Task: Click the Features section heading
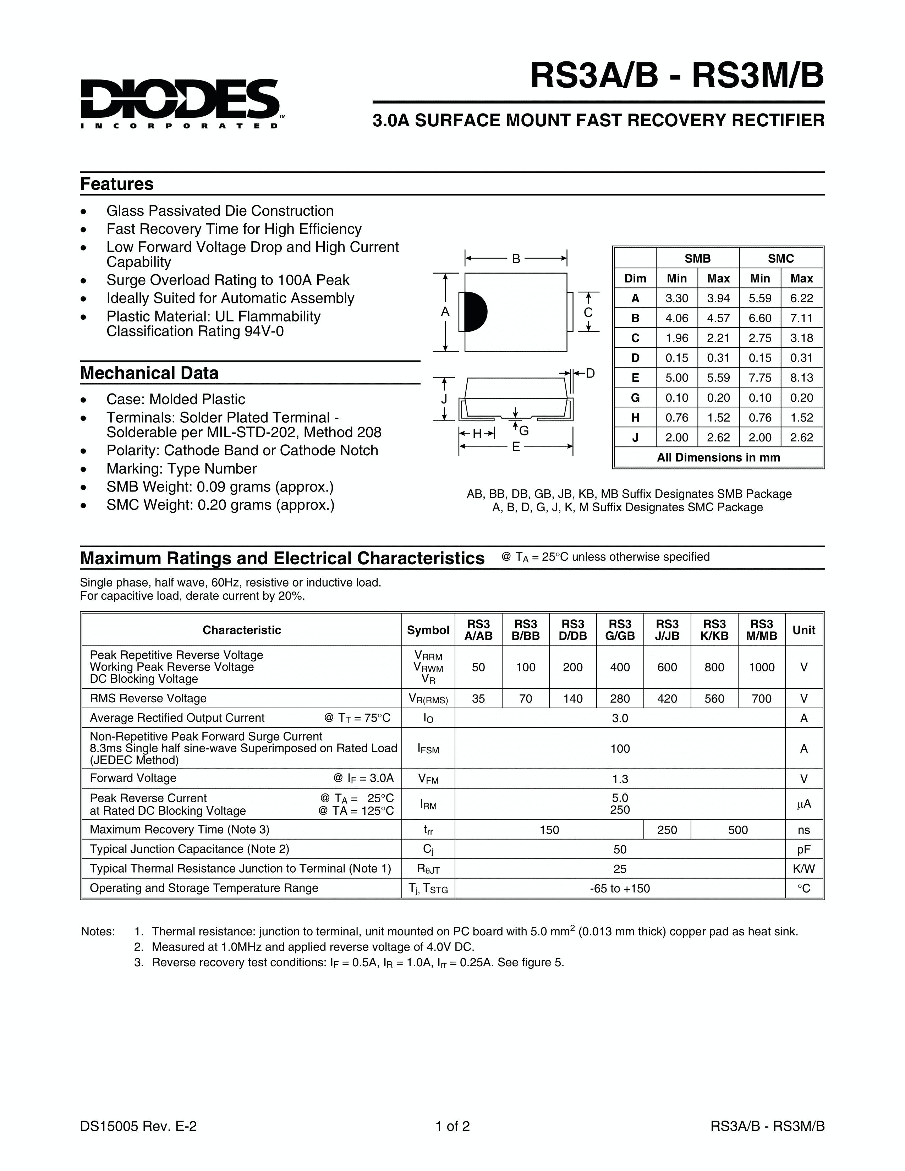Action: click(x=117, y=184)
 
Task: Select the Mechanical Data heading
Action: click(x=149, y=373)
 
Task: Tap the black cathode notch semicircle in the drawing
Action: click(x=475, y=312)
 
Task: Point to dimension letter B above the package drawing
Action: click(x=516, y=259)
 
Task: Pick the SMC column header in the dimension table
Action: click(x=781, y=258)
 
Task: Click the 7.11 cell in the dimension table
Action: click(x=801, y=318)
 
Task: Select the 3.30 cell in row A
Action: click(x=676, y=298)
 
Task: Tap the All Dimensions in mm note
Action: click(x=718, y=457)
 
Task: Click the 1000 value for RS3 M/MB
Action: click(x=761, y=667)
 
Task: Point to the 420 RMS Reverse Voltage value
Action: click(x=667, y=699)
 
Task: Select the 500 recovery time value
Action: click(x=738, y=830)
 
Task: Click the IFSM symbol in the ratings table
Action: click(x=428, y=749)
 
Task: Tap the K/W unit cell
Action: click(x=803, y=869)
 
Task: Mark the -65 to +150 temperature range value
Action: click(x=620, y=889)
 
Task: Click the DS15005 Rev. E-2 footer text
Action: click(x=138, y=1126)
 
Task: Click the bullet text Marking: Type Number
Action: click(x=181, y=469)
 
